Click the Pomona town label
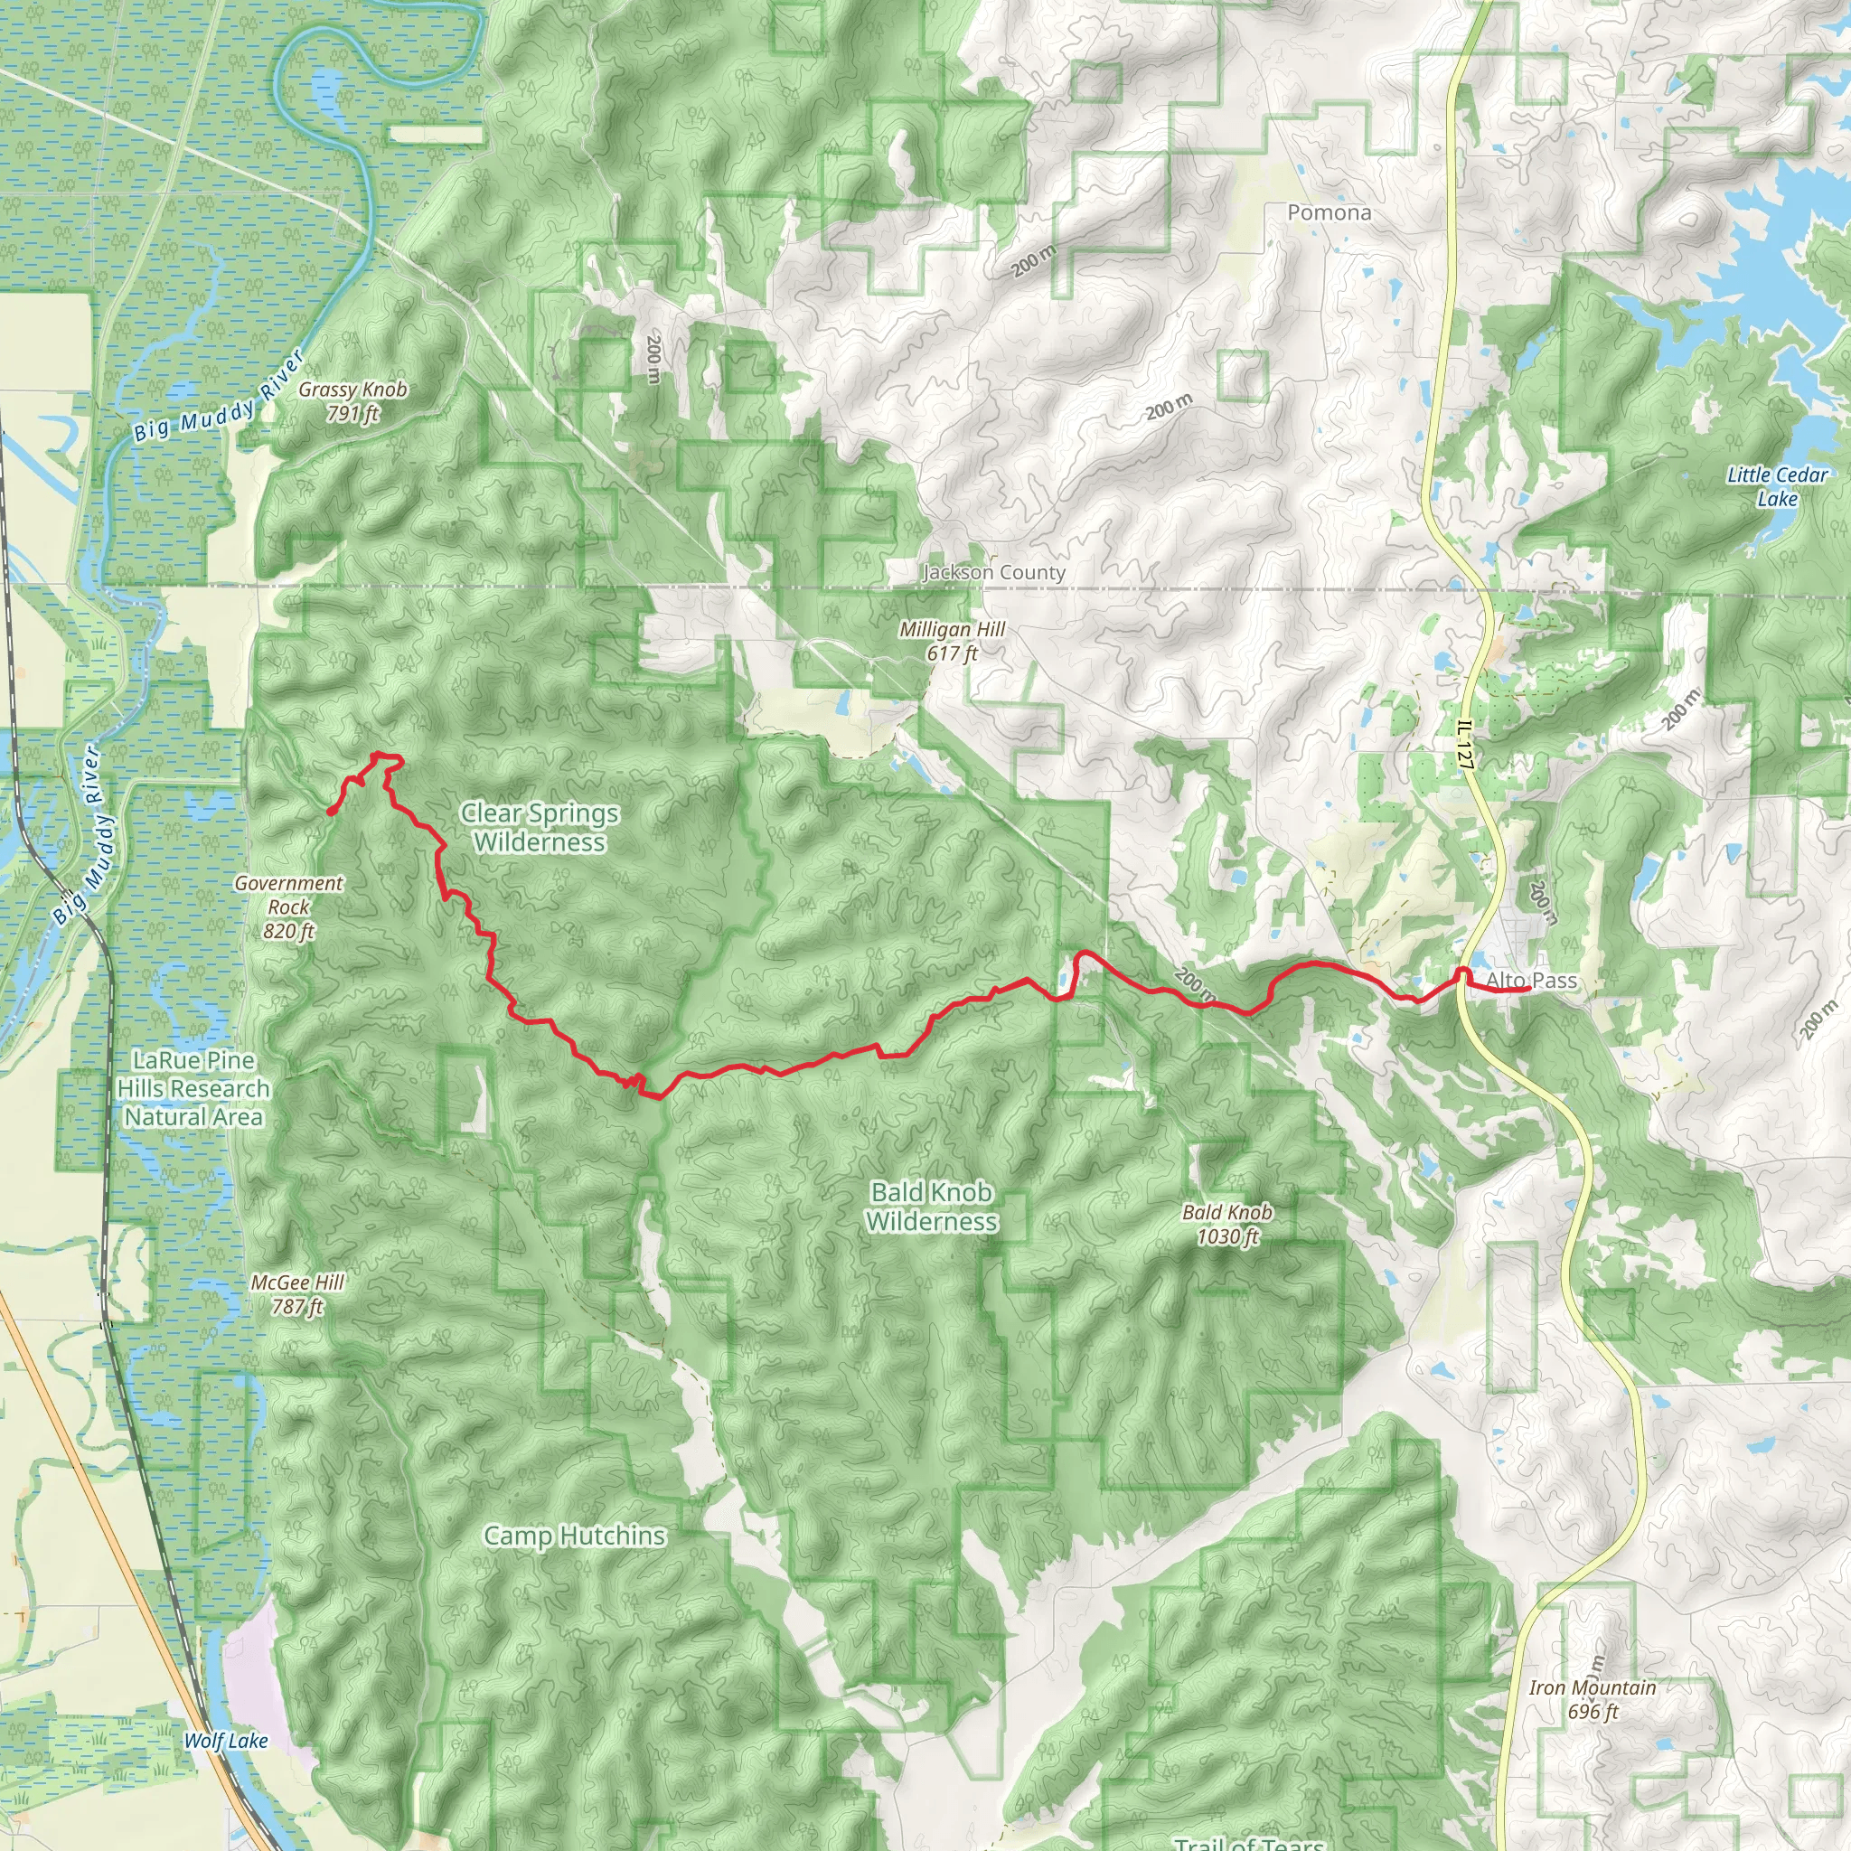point(1329,212)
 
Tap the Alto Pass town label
point(1531,980)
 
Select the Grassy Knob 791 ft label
point(352,401)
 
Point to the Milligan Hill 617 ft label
point(952,641)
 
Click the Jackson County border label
point(993,572)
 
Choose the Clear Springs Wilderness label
point(540,827)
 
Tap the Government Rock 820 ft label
point(288,907)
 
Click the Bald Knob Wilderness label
point(931,1207)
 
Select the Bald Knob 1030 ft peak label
point(1226,1224)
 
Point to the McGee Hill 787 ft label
point(297,1293)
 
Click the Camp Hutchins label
point(574,1535)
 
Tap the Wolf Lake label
point(226,1740)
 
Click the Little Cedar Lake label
point(1777,485)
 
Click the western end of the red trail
point(331,812)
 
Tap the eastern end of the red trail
point(1527,990)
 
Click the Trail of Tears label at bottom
point(1248,1841)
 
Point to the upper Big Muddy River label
point(220,396)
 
